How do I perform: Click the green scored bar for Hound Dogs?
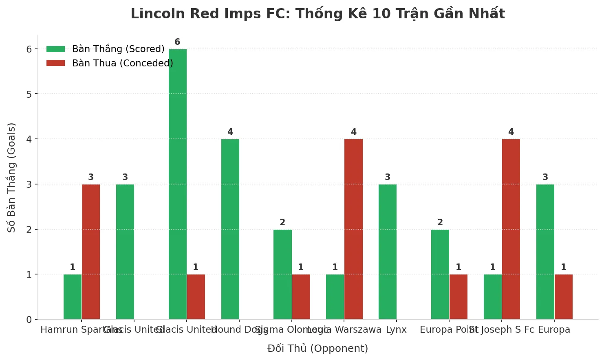click(230, 229)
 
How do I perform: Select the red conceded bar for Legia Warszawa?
click(353, 229)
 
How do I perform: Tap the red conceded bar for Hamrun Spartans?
click(91, 252)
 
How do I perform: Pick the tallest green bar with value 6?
click(178, 184)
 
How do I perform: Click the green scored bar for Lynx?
click(388, 252)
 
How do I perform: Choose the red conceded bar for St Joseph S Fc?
click(511, 229)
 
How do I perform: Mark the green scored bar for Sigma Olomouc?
click(282, 274)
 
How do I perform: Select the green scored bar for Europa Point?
click(440, 274)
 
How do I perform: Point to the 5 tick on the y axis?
click(29, 94)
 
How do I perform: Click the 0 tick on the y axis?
click(29, 320)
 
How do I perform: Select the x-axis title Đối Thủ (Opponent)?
click(317, 349)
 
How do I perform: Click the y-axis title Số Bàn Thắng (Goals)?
click(11, 178)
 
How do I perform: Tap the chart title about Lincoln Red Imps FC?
click(317, 14)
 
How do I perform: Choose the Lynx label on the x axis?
click(396, 330)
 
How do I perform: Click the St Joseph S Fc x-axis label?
click(501, 330)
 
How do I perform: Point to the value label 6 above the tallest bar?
click(177, 42)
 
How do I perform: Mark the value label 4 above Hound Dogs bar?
click(230, 132)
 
